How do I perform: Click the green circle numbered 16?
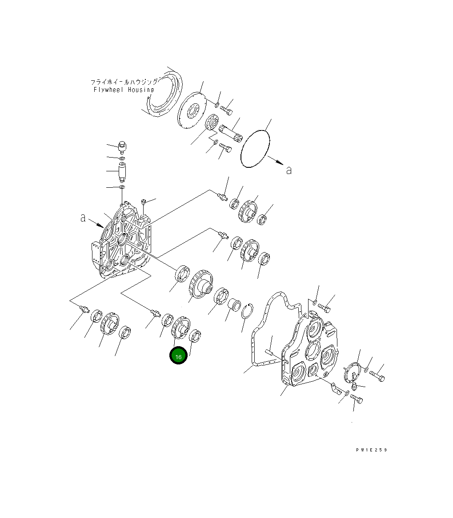click(x=178, y=356)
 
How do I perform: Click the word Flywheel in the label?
click(x=108, y=90)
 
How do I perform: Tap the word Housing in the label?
click(x=141, y=90)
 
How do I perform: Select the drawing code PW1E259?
click(x=371, y=450)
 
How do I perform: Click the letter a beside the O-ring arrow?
click(x=289, y=170)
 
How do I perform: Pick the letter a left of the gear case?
click(x=83, y=218)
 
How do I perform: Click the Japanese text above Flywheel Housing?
click(x=124, y=82)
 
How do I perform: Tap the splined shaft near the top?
click(x=231, y=133)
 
